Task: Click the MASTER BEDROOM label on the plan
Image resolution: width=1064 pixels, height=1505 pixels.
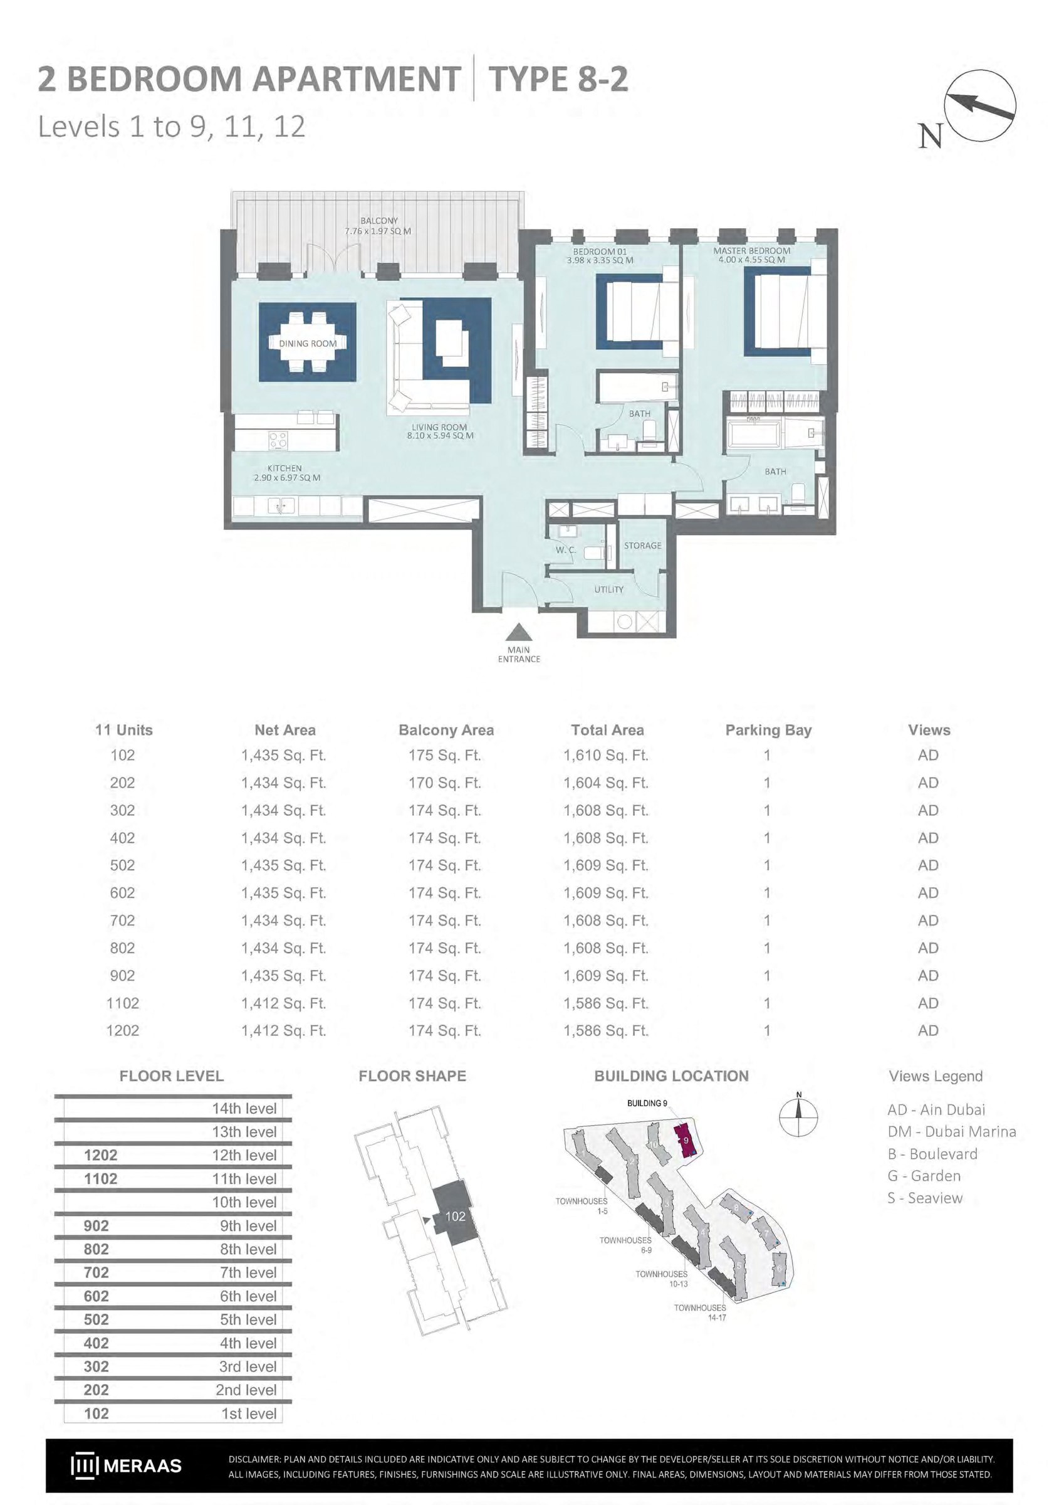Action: point(751,250)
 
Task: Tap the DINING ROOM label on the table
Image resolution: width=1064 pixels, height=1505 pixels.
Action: point(308,344)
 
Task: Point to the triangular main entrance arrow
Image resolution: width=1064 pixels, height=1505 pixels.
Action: point(519,632)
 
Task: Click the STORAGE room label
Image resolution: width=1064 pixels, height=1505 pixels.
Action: point(642,546)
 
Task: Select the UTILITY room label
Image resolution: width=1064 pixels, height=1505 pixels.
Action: point(608,589)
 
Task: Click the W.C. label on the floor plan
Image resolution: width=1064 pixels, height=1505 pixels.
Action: point(566,550)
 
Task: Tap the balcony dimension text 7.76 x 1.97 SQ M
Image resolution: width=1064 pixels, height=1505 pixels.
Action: point(378,231)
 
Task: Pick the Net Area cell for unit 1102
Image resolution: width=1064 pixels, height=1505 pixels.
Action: point(284,1003)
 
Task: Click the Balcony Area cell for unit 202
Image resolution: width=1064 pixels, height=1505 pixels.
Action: point(445,783)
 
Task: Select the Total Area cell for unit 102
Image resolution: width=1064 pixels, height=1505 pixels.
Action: point(606,755)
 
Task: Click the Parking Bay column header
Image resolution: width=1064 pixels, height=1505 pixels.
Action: point(768,730)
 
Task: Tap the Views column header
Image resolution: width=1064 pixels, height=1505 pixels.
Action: point(929,729)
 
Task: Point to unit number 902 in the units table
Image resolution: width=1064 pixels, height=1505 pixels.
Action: point(123,975)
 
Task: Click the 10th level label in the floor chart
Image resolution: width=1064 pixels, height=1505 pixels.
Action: point(244,1202)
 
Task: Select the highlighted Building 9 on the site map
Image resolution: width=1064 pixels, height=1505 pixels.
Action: point(685,1141)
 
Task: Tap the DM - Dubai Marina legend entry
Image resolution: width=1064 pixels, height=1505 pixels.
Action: point(952,1131)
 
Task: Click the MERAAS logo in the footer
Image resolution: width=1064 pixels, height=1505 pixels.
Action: point(126,1465)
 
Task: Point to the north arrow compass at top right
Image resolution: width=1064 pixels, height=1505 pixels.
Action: point(979,105)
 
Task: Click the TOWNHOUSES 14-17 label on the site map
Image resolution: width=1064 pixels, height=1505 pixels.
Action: point(700,1312)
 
